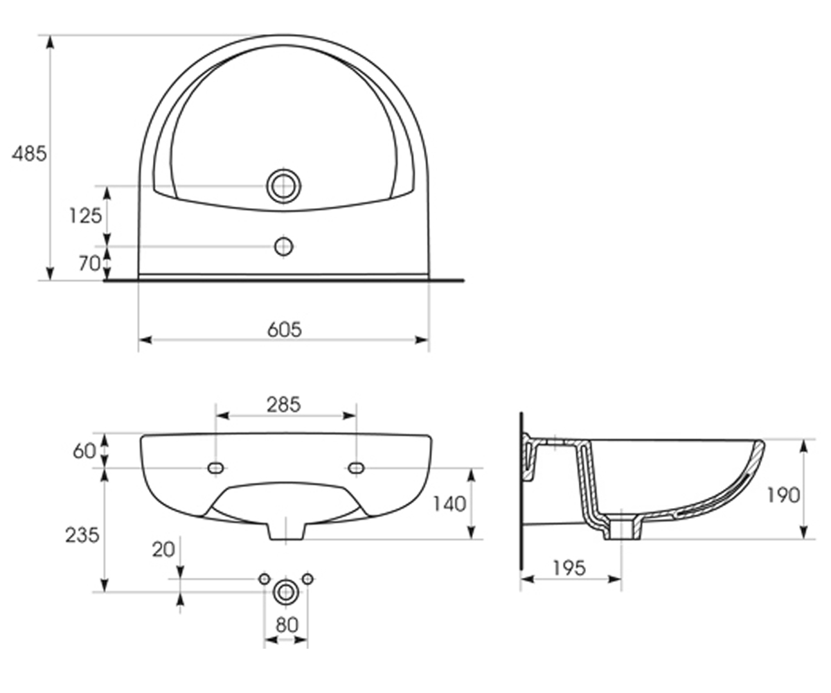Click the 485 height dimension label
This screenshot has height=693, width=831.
click(x=29, y=154)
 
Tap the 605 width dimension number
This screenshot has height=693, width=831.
click(x=285, y=330)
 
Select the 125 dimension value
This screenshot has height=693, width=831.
click(x=86, y=216)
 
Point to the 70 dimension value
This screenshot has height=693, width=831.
click(x=89, y=263)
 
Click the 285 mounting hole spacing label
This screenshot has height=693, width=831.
click(x=284, y=405)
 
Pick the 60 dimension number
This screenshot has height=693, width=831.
click(x=84, y=451)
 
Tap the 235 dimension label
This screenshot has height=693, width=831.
click(x=82, y=535)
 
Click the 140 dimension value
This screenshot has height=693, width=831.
click(x=449, y=505)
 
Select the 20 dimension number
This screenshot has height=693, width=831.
click(x=163, y=550)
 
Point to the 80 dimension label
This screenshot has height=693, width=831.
click(x=287, y=625)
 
